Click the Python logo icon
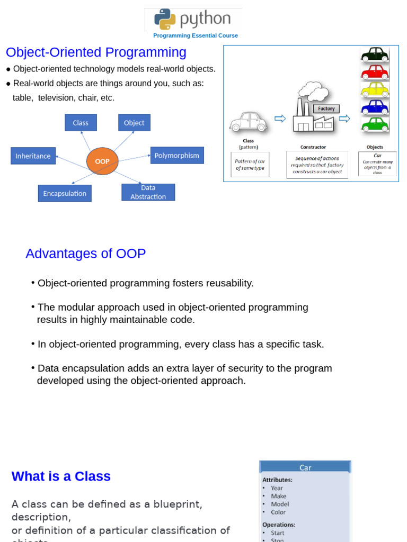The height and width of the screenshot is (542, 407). pos(164,19)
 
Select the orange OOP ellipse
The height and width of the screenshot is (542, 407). pos(102,161)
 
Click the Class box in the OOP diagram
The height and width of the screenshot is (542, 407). pos(81,123)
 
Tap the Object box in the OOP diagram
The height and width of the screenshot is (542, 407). pos(134,123)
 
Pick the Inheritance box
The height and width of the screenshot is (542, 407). pos(33,156)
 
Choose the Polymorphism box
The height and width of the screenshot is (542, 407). pos(177,155)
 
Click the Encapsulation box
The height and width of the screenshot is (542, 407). pos(65,193)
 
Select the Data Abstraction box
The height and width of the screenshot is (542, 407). pos(148,192)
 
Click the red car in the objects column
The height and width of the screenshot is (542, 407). pos(375,71)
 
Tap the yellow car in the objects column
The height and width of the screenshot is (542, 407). pos(375,89)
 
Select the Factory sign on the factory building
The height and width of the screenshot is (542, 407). pos(326,109)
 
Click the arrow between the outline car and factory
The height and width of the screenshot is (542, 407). pos(280,119)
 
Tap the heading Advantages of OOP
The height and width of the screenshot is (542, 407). pos(85,254)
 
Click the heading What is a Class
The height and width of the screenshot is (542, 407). pos(61,476)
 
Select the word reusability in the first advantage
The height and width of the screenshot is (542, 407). pos(226,283)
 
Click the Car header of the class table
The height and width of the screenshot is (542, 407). pos(305,467)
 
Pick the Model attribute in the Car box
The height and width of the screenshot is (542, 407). pos(280,504)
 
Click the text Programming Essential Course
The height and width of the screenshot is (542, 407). pos(196,35)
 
